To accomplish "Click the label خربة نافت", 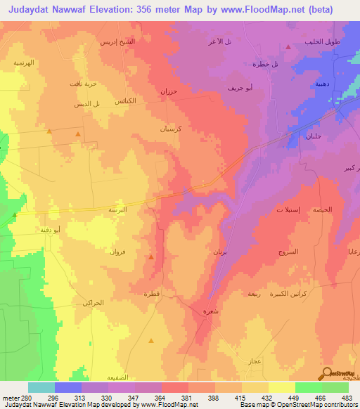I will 79,84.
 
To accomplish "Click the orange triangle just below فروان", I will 151,258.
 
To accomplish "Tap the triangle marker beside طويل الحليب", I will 289,47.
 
